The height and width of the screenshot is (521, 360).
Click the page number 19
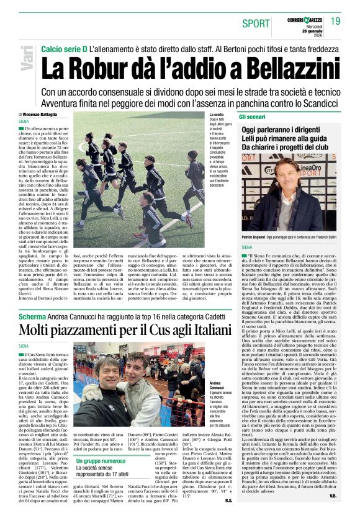335,21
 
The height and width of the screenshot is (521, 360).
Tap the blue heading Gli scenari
252,117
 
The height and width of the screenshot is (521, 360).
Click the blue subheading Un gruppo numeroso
101,461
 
